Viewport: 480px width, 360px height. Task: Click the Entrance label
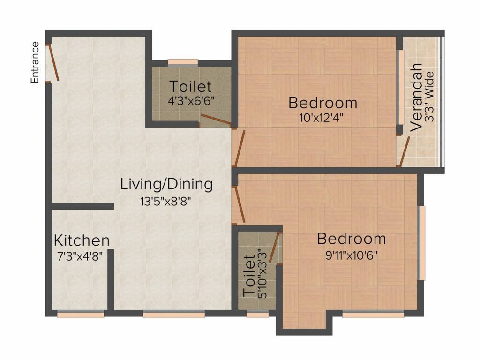click(35, 62)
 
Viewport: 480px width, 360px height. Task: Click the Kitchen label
click(82, 240)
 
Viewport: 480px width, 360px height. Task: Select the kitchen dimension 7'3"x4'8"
click(80, 256)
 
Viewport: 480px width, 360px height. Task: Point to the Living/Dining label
click(166, 184)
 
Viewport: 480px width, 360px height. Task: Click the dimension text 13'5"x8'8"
click(165, 202)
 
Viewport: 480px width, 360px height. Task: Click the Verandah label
click(416, 97)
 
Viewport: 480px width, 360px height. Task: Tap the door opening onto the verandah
click(404, 151)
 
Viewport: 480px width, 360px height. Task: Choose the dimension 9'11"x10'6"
click(351, 255)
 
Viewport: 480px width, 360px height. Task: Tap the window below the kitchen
click(81, 314)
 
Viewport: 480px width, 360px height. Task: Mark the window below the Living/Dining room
click(173, 314)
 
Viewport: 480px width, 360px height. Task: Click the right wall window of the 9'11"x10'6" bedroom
click(421, 243)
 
